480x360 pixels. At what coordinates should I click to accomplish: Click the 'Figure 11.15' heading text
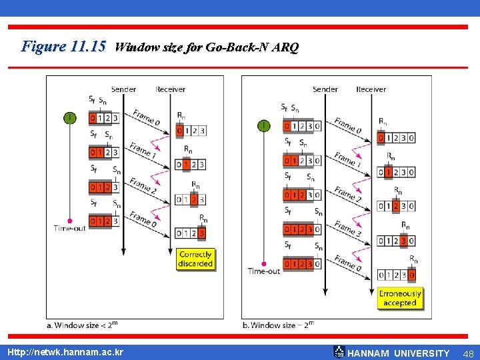pyautogui.click(x=63, y=47)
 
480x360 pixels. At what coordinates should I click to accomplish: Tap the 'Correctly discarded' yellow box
pyautogui.click(x=195, y=259)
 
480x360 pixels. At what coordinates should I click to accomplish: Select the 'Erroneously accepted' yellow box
pyautogui.click(x=400, y=298)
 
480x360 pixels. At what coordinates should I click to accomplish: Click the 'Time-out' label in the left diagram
pyautogui.click(x=70, y=228)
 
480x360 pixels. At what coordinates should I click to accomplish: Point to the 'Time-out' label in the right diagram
pyautogui.click(x=264, y=271)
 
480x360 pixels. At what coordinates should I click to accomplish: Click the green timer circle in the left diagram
pyautogui.click(x=69, y=118)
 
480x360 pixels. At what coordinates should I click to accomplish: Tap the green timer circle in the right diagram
pyautogui.click(x=264, y=125)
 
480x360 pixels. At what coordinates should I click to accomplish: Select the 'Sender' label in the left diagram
pyautogui.click(x=123, y=89)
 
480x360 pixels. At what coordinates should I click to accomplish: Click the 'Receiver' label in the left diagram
pyautogui.click(x=171, y=89)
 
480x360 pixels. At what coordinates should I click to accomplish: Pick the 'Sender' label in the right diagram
pyautogui.click(x=325, y=89)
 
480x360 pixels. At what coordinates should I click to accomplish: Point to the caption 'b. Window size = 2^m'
pyautogui.click(x=277, y=325)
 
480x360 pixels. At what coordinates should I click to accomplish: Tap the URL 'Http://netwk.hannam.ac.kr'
pyautogui.click(x=65, y=352)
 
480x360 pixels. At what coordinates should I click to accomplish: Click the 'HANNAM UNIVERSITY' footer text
pyautogui.click(x=399, y=353)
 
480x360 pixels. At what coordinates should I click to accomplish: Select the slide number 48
pyautogui.click(x=467, y=353)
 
